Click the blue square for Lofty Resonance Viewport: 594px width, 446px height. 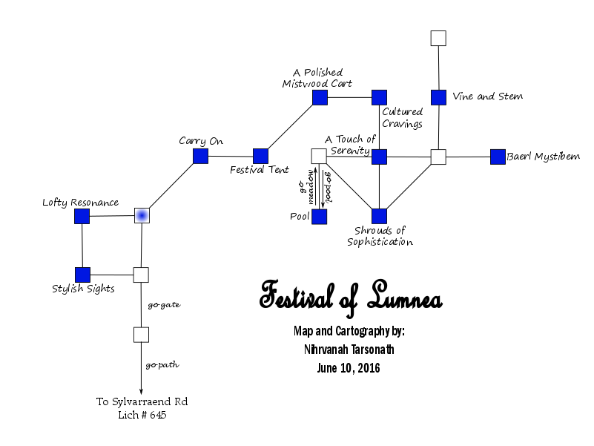pyautogui.click(x=82, y=216)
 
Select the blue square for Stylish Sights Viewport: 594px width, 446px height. pyautogui.click(x=82, y=275)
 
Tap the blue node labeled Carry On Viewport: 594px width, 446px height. pyautogui.click(x=200, y=156)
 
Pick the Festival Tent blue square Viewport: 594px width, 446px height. pyautogui.click(x=260, y=156)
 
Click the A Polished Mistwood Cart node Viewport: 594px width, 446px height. pyautogui.click(x=320, y=97)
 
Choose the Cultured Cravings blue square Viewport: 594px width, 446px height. pyautogui.click(x=379, y=97)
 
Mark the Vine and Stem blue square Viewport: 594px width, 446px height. pyautogui.click(x=438, y=97)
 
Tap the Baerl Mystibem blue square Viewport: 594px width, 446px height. pyautogui.click(x=498, y=157)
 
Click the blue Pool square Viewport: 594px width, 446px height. pyautogui.click(x=319, y=217)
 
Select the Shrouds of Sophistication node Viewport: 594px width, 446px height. pyautogui.click(x=379, y=217)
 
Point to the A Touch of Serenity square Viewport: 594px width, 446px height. pyautogui.click(x=379, y=157)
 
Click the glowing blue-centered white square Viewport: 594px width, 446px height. pyautogui.click(x=142, y=215)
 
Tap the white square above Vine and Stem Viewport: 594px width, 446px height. pyautogui.click(x=438, y=38)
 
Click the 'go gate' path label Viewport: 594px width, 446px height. pyautogui.click(x=163, y=305)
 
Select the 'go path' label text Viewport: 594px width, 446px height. pyautogui.click(x=162, y=365)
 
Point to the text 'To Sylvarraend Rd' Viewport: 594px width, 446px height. pyautogui.click(x=142, y=401)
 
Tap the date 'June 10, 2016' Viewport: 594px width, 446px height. pyautogui.click(x=348, y=368)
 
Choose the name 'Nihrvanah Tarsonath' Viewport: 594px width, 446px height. pyautogui.click(x=348, y=350)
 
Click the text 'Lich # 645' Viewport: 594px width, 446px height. pyautogui.click(x=142, y=416)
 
